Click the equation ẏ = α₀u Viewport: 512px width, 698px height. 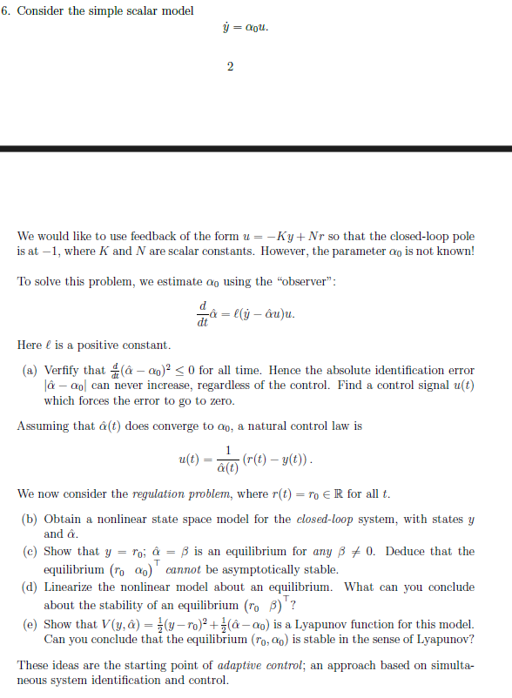pos(247,27)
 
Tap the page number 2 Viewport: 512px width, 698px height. pos(230,67)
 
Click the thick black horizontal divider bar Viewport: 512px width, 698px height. pos(256,150)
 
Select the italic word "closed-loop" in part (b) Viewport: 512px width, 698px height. pos(326,520)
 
